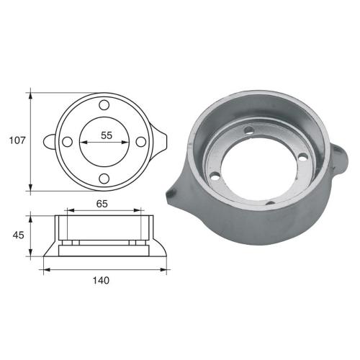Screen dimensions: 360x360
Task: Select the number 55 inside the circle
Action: tap(106, 135)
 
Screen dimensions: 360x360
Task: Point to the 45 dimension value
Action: tap(17, 235)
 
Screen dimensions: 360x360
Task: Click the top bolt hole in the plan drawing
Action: tap(105, 106)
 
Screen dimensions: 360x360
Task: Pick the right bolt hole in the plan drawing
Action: tap(141, 142)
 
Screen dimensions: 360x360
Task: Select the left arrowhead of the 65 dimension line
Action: tap(67, 211)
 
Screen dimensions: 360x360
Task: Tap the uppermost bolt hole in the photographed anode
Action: tap(249, 132)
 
